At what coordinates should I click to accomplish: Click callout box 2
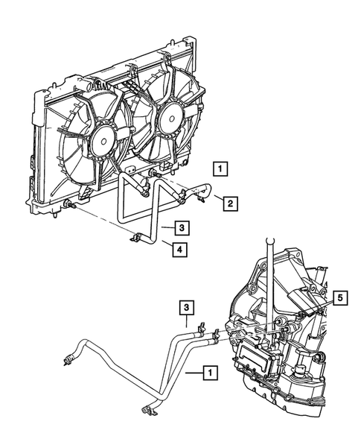230,203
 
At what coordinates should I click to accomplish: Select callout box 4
180,249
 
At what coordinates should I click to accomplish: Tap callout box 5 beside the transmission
339,298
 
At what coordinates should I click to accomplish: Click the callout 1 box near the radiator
220,169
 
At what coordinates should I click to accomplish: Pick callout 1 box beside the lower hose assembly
211,373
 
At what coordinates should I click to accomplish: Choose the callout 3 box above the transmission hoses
187,308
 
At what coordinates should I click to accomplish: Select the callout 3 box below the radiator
182,227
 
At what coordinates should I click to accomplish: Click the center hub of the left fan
103,141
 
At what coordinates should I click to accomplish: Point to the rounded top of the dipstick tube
270,241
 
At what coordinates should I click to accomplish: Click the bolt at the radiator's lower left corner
69,204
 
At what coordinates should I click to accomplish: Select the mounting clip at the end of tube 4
135,238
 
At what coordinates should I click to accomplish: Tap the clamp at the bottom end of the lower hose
147,409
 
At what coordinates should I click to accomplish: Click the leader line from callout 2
219,198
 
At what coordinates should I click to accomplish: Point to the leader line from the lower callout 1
194,373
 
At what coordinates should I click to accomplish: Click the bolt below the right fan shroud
153,174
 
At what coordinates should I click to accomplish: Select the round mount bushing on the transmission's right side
321,358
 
